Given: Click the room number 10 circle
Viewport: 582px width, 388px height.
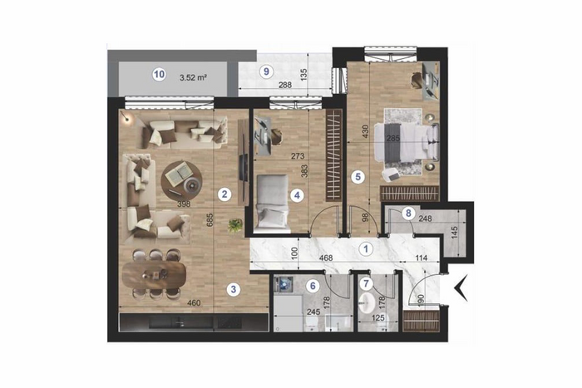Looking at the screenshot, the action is coord(159,75).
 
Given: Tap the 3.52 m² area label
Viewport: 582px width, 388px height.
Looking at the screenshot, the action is coord(193,77).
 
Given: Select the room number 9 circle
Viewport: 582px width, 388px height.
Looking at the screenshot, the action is coord(266,71).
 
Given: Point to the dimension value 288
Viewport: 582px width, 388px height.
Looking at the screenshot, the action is coord(285,85).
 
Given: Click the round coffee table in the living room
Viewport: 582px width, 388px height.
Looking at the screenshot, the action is coord(181,179).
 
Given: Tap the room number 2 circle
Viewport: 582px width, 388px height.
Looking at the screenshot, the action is coord(224,194).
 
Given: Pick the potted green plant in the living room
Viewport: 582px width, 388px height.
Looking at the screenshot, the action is coord(235,224).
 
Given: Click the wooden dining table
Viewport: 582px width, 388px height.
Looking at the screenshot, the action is coord(154,274).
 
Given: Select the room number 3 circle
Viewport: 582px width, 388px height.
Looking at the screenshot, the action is coord(233,289).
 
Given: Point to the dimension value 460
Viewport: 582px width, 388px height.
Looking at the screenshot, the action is coord(194,303).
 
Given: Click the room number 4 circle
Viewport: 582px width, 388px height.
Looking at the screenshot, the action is coord(297,195).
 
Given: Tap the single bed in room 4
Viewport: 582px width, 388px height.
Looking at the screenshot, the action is coord(273,201).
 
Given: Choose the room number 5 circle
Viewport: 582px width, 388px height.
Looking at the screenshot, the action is coord(358,177).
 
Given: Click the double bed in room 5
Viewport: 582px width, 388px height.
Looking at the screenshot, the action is coord(406,141).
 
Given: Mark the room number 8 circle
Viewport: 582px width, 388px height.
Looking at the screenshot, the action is coord(408,214).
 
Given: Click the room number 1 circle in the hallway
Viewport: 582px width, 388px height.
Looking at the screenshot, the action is coord(366,249).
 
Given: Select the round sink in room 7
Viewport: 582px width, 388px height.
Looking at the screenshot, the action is coord(367,302).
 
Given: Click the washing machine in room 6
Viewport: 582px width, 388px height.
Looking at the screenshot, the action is coord(284,284).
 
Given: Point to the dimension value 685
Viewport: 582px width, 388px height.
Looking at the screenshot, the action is coord(210,221).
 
